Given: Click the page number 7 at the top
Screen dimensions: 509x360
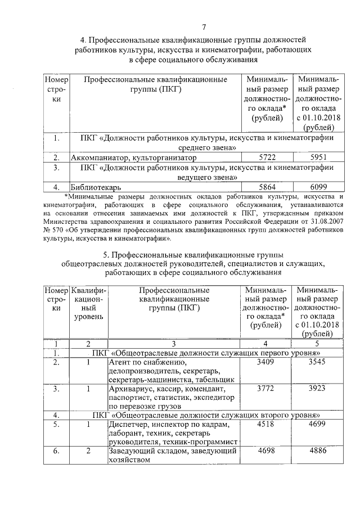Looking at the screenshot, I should pos(204,26).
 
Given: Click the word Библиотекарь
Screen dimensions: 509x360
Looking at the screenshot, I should pos(96,187).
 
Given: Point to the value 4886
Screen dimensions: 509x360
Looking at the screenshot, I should pos(317,451).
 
